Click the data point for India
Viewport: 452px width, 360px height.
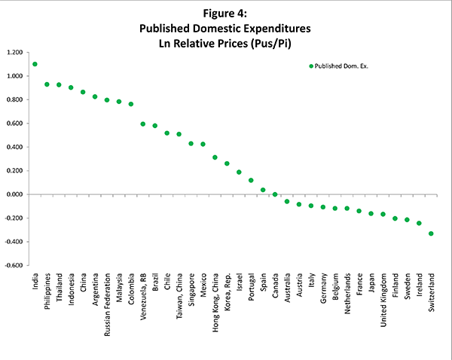tap(35, 64)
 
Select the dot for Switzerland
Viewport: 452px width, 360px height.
tap(431, 233)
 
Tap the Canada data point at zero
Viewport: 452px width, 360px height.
tap(275, 194)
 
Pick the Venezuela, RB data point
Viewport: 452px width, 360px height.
tap(143, 124)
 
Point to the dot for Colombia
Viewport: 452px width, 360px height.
tap(131, 104)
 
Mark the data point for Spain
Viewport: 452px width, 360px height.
tap(263, 190)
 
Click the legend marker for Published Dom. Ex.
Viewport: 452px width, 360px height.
tap(311, 66)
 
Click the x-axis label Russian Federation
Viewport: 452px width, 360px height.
tap(107, 301)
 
